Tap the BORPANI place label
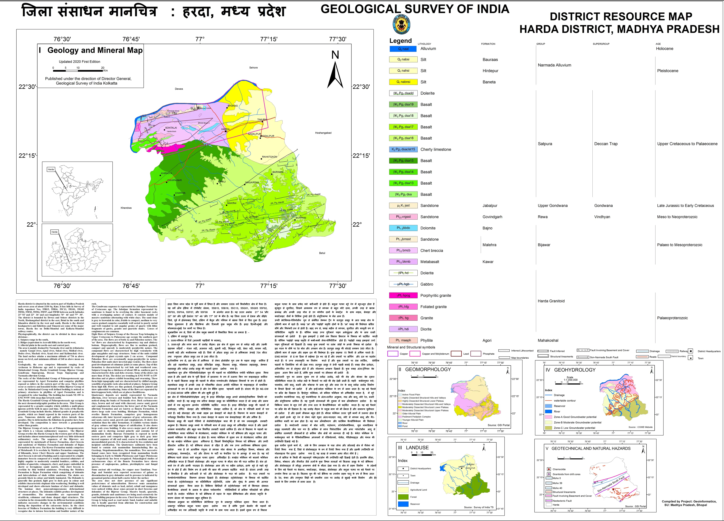coord(301,218)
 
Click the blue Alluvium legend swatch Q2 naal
coord(403,49)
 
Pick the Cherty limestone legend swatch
coord(403,149)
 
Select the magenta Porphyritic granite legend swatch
coord(403,295)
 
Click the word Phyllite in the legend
coord(426,340)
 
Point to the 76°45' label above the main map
coord(131,39)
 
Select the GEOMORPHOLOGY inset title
coord(428,369)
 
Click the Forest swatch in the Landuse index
coord(403,497)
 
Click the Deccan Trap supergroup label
coord(606,144)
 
